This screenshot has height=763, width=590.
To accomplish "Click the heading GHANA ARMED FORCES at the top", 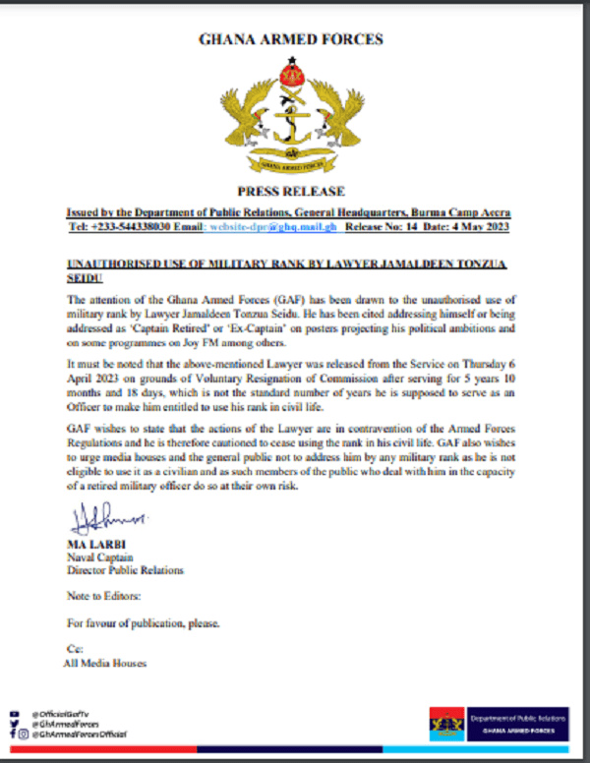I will pyautogui.click(x=291, y=40).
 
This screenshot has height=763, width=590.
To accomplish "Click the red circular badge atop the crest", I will pyautogui.click(x=291, y=72).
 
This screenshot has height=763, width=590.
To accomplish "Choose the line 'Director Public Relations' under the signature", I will pyautogui.click(x=124, y=570).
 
